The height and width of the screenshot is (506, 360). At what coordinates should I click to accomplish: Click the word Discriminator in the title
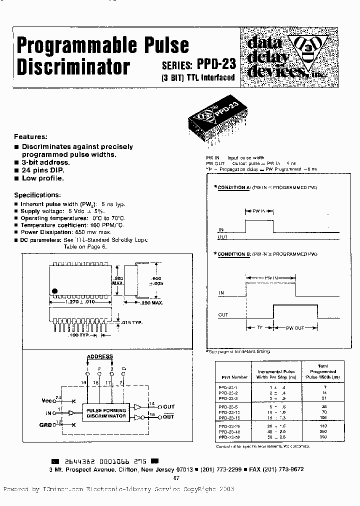coord(73,66)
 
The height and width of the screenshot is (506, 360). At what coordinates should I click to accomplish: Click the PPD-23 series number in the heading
coord(216,65)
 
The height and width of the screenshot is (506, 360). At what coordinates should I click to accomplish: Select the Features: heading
coord(30,136)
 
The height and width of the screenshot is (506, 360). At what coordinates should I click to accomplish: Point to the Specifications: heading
coord(37,194)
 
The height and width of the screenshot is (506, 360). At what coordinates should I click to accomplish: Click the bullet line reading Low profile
coord(43,178)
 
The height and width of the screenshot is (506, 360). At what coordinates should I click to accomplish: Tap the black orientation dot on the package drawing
coord(55,290)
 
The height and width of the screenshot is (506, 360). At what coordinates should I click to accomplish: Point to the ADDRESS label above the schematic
coord(100,357)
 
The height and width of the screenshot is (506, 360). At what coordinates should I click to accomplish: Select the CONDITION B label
coord(233,254)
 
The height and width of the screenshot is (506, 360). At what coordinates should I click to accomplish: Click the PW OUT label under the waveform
coord(295,327)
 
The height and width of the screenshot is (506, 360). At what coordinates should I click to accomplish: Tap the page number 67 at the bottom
coord(176,477)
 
